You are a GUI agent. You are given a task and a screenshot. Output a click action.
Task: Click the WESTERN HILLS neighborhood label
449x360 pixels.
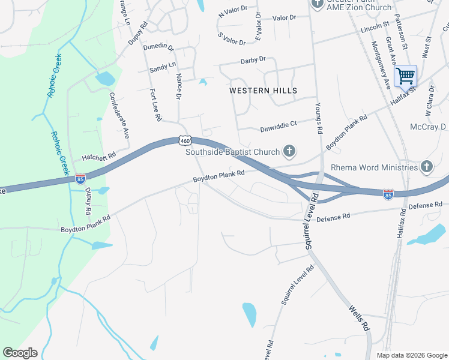[263, 91]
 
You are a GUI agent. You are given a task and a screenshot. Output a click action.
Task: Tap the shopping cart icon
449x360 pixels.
[405, 76]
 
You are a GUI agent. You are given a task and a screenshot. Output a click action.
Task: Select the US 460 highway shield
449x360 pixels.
[184, 140]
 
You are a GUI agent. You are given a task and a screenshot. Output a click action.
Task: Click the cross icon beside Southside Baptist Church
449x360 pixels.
[289, 152]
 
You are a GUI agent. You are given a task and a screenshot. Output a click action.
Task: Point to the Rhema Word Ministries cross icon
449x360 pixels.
[427, 166]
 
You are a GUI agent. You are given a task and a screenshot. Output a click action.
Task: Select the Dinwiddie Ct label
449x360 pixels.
[279, 127]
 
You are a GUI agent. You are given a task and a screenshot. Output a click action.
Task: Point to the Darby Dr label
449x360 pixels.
[253, 60]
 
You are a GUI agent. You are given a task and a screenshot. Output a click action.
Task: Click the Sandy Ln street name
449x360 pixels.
[163, 68]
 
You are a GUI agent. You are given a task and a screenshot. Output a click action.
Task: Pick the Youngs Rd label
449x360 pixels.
[319, 118]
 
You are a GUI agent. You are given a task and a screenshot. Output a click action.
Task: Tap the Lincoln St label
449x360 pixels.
[375, 29]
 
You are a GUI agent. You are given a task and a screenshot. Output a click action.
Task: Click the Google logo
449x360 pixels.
[20, 353]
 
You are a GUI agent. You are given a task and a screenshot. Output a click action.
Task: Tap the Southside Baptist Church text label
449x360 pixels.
[233, 152]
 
